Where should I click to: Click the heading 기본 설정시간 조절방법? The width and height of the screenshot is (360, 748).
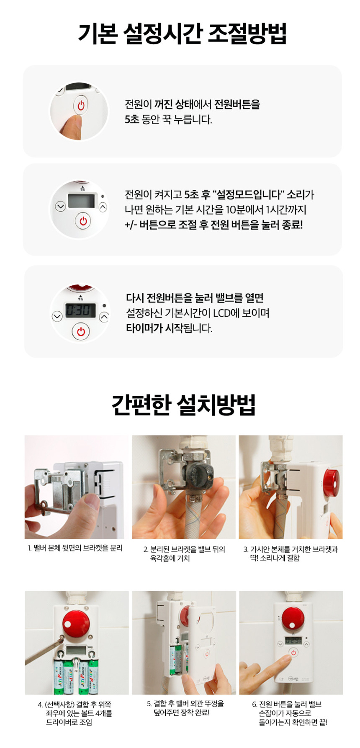[182, 33]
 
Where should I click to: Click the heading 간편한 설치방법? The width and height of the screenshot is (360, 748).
[183, 404]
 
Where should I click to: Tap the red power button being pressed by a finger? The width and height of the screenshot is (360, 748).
[81, 105]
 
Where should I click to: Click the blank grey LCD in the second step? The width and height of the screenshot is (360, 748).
[82, 200]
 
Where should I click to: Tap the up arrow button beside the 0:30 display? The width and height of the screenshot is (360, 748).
[104, 317]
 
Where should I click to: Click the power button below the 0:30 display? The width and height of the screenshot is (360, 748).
[81, 332]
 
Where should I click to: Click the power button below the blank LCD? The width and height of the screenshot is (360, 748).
[83, 221]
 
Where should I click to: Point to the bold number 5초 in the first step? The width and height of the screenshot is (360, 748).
[132, 120]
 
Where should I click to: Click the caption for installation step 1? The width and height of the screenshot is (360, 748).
[75, 548]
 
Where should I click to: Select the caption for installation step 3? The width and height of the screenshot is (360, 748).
[291, 553]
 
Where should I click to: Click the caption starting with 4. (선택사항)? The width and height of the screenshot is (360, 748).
[75, 713]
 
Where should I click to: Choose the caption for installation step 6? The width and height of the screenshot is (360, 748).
[290, 713]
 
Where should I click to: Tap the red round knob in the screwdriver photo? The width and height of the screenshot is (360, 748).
[76, 621]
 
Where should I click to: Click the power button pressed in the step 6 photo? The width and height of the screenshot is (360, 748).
[293, 653]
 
